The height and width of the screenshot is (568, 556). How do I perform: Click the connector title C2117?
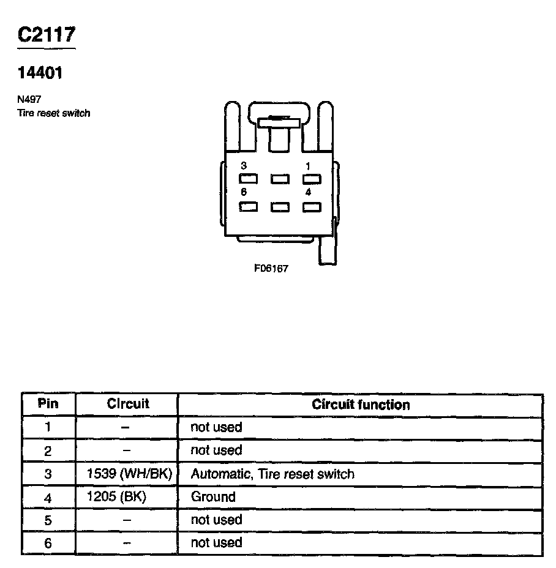coord(47,35)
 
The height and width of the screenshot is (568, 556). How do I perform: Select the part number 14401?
coord(40,73)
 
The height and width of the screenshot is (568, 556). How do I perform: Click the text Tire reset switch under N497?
coord(54,113)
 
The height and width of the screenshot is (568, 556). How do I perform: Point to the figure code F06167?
coord(271,269)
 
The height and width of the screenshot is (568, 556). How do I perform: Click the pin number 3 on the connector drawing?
coord(244,166)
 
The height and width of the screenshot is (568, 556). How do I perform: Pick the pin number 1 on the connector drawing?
coord(308,166)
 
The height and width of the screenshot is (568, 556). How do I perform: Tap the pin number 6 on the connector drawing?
coord(244,192)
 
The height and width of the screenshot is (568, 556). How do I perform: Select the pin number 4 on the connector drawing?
coord(308,192)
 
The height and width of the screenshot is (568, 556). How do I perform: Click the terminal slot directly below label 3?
coord(248,179)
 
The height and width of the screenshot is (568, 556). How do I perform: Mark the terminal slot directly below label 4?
coord(312,206)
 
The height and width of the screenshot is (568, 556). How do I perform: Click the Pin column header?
coord(48,404)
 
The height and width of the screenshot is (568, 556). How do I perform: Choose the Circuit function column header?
coord(361,405)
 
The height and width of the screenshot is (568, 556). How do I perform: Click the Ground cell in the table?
coord(213,496)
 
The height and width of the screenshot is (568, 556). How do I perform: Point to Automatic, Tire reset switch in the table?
coord(272,474)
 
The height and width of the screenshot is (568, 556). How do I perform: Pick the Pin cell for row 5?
coord(48,520)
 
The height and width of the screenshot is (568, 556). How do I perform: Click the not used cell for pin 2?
coord(216,450)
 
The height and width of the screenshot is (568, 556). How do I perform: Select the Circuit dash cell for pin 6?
coord(127,543)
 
